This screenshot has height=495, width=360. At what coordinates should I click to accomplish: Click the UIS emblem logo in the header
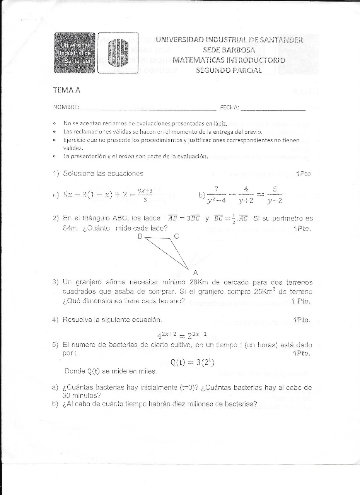pyautogui.click(x=118, y=53)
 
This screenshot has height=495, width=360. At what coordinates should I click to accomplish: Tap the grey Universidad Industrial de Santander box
pyautogui.click(x=75, y=53)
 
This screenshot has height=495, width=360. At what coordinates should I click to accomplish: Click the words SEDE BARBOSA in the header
pyautogui.click(x=229, y=49)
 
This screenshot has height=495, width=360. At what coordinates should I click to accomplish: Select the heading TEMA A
pyautogui.click(x=67, y=90)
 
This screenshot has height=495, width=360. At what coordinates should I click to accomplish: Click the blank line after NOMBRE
pyautogui.click(x=148, y=108)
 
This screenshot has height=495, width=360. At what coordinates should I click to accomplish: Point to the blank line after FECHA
pyautogui.click(x=273, y=108)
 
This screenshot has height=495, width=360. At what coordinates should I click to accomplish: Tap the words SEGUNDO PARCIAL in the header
pyautogui.click(x=229, y=70)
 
